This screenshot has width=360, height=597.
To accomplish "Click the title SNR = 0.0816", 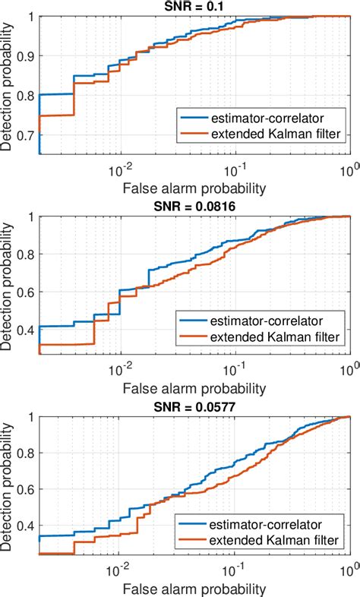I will [194, 207].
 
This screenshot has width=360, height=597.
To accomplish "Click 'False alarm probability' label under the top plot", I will [194, 187].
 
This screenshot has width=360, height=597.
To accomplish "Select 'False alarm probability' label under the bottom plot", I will [194, 588].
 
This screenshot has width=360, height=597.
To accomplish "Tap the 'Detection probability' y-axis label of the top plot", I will [8, 86].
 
